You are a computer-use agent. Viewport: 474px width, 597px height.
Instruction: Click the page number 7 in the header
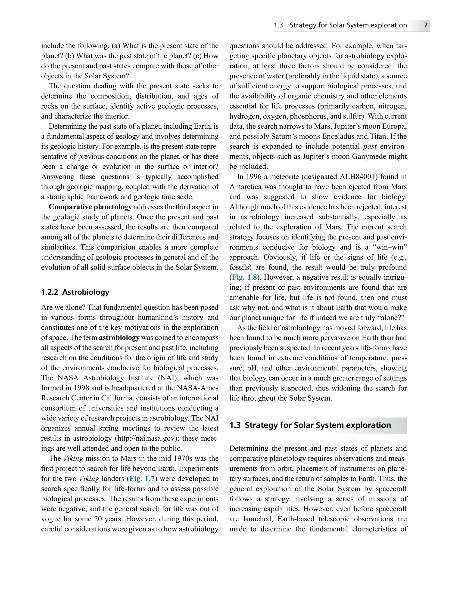click(426, 25)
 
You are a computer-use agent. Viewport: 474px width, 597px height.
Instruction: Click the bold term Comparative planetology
click(90, 207)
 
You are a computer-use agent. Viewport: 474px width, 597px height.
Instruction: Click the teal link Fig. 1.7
click(142, 479)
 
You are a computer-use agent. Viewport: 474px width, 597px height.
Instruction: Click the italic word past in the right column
click(370, 146)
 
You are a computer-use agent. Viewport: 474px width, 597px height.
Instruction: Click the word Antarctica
click(246, 187)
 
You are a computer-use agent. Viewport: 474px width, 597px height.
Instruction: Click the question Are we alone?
click(63, 307)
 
